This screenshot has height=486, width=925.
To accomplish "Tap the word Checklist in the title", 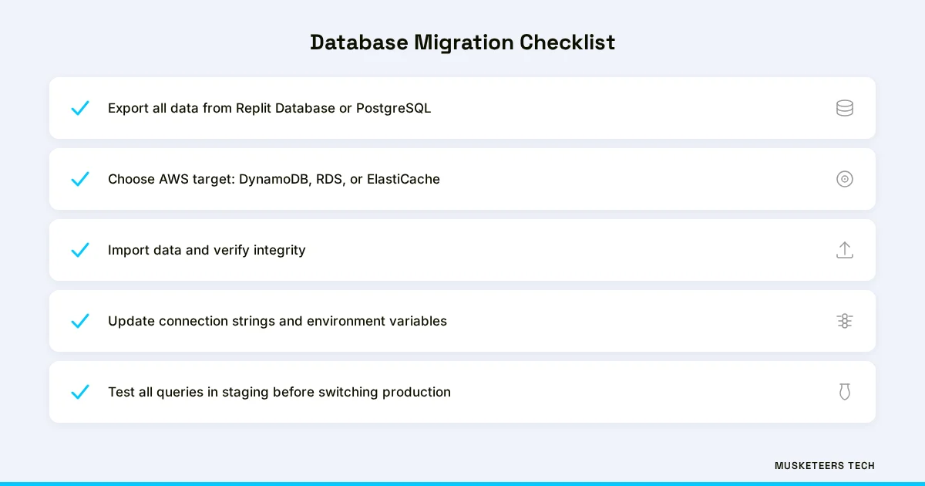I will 567,42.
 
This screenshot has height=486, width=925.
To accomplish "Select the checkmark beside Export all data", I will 80,108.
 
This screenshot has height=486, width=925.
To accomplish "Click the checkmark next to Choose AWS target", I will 80,179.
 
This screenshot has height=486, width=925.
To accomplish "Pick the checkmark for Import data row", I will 80,250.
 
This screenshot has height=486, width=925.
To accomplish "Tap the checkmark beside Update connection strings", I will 80,321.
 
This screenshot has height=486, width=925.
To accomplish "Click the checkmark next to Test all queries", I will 80,392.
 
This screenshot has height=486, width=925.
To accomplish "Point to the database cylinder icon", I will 845,108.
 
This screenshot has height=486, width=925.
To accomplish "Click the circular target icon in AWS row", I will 845,179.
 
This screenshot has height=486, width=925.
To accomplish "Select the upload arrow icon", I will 845,250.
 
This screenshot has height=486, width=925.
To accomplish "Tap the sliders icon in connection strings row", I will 845,321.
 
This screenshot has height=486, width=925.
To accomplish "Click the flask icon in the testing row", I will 845,392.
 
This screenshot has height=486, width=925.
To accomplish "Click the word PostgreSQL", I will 393,109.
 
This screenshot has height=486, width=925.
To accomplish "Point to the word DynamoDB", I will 274,180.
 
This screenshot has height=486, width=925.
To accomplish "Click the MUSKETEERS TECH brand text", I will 825,466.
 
